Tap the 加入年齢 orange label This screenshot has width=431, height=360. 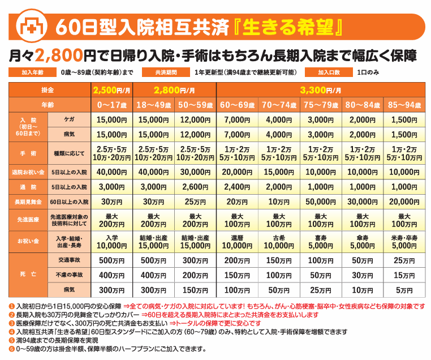(32, 72)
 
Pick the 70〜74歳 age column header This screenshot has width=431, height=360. (279, 105)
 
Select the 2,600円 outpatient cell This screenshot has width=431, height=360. (196, 187)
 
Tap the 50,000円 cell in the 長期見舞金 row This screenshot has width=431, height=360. (321, 202)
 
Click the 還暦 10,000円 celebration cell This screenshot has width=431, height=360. (237, 242)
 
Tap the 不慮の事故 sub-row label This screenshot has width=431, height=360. (70, 275)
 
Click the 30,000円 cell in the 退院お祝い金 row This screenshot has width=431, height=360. (196, 172)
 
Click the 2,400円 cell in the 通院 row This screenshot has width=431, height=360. (237, 187)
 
